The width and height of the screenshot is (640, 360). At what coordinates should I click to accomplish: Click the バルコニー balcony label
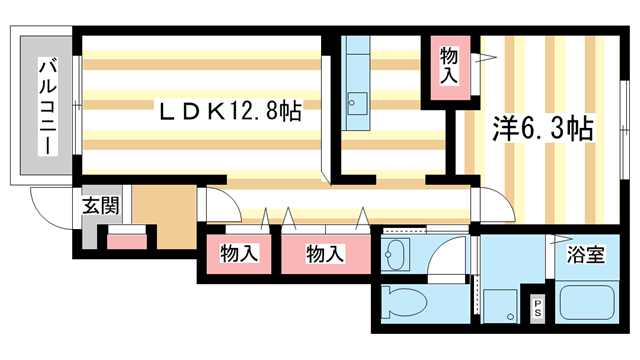(x=45, y=107)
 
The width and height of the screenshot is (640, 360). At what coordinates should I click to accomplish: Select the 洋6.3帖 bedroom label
(x=544, y=127)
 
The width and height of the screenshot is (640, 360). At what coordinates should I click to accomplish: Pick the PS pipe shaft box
(x=537, y=308)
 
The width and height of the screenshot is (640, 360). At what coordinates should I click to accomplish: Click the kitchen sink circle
(x=354, y=100)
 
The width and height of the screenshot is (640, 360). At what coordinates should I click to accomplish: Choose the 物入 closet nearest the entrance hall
(x=239, y=253)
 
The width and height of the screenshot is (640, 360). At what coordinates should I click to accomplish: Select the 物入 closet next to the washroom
(x=325, y=253)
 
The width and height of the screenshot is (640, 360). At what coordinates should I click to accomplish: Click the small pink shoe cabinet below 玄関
(x=126, y=240)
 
